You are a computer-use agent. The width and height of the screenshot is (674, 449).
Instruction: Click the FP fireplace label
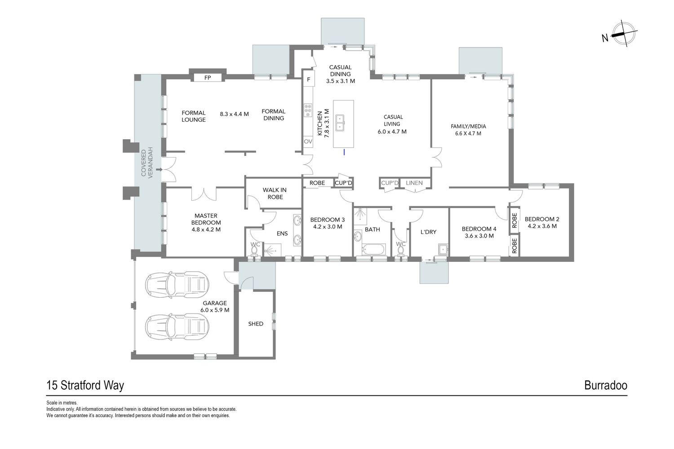208,78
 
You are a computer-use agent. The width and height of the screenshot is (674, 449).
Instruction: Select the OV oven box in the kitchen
308,141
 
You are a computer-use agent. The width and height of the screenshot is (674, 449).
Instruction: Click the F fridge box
308,79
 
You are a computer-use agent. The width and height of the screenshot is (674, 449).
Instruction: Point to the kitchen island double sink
340,123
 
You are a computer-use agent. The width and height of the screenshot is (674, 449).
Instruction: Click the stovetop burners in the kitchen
308,110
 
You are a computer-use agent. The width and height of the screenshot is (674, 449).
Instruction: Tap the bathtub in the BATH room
373,249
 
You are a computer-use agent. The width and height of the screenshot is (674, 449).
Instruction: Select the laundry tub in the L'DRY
443,249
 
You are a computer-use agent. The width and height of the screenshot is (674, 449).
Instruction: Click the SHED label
256,324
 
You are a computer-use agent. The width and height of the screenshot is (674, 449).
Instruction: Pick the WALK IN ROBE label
275,194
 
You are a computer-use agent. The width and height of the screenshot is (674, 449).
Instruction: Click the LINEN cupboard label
414,183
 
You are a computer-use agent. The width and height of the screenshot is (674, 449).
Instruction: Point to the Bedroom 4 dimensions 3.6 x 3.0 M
479,236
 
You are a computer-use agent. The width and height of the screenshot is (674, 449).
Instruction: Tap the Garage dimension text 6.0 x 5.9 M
215,310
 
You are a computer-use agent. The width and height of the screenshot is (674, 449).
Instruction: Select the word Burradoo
606,385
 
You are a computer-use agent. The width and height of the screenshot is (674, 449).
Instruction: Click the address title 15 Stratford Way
85,386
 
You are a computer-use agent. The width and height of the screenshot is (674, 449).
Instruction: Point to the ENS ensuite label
282,233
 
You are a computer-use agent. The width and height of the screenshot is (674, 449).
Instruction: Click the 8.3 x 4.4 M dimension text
235,114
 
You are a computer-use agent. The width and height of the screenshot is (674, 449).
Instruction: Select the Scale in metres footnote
62,403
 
